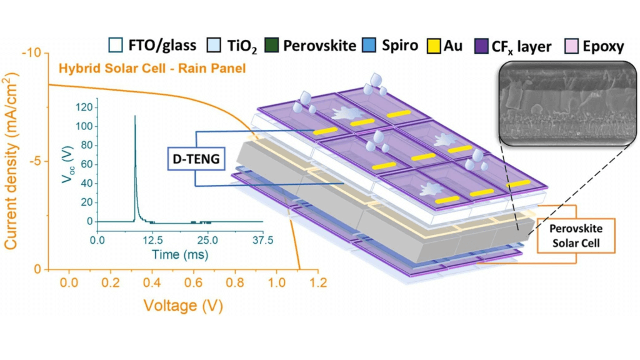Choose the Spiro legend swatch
(x=371, y=46)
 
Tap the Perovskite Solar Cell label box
(x=576, y=235)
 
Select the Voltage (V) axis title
(x=183, y=306)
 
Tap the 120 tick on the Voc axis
(x=85, y=107)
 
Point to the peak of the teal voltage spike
(x=134, y=116)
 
